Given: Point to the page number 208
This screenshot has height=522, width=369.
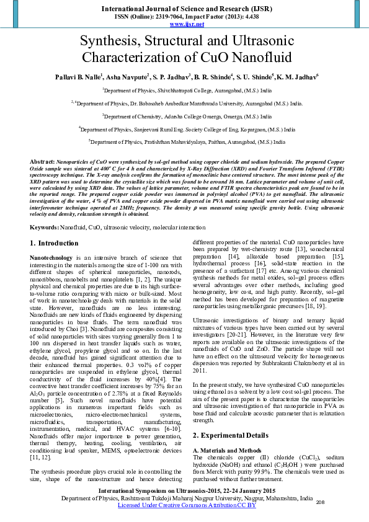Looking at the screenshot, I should click(x=321, y=502).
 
